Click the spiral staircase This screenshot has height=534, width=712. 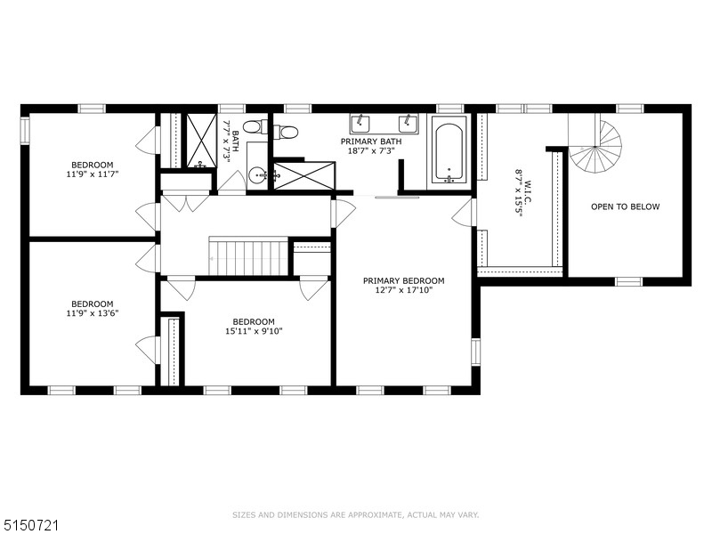point(595,143)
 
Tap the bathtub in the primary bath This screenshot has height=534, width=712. point(449,150)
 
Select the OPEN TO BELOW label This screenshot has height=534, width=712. point(625,207)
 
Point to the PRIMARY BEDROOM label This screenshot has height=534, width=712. point(403,281)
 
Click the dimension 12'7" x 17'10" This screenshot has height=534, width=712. point(403,290)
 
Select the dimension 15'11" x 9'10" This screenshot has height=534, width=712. point(254,331)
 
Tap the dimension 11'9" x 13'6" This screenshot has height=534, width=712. point(93,313)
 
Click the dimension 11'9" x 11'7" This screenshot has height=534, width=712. point(93,174)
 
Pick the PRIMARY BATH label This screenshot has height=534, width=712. point(371,142)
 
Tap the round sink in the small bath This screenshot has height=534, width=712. point(258,174)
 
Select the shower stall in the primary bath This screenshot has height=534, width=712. point(305,175)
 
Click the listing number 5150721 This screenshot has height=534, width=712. point(29,526)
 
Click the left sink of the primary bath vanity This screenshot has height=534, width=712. point(360,123)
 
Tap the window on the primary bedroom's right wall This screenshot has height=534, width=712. point(475,352)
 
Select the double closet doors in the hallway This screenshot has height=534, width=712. point(185,203)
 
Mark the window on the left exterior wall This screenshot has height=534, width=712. point(25,130)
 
